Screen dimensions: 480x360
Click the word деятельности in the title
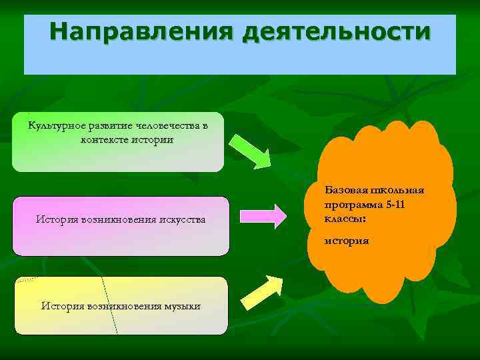[337, 32]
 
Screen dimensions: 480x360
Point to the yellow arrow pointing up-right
[261, 292]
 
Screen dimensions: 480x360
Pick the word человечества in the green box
[171, 126]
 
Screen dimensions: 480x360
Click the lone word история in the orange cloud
[347, 240]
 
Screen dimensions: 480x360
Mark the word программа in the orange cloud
[351, 205]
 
